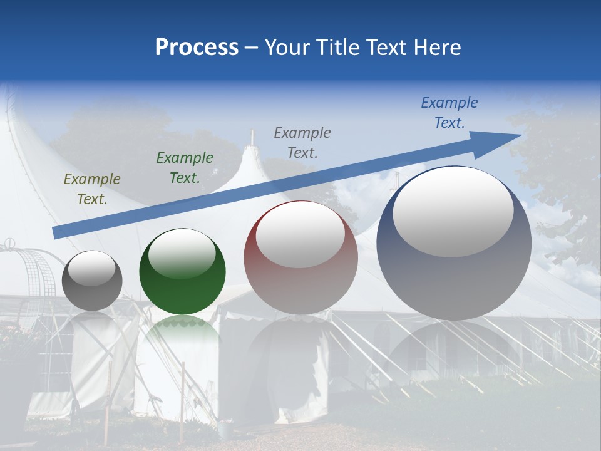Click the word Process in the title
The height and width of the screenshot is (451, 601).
click(x=197, y=48)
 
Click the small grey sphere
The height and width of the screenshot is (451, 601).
click(x=92, y=281)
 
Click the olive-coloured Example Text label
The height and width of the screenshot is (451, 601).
click(x=92, y=189)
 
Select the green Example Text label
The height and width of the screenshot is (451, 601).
click(x=185, y=168)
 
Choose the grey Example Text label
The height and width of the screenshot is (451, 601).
click(x=302, y=142)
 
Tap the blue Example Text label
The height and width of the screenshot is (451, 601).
click(x=449, y=113)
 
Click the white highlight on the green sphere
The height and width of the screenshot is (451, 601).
click(x=182, y=253)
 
